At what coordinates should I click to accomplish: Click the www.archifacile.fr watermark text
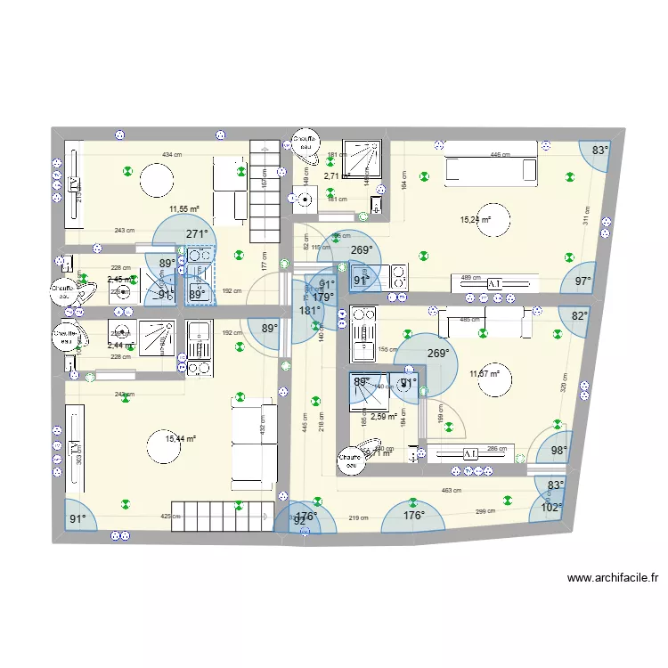613,578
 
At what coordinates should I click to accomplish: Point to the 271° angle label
197,234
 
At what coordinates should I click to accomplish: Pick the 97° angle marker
582,281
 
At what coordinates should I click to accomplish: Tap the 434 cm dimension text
168,155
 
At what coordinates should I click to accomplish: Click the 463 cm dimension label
452,491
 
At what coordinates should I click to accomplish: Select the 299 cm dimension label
485,511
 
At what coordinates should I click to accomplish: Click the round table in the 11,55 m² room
155,183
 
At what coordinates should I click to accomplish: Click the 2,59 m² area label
384,416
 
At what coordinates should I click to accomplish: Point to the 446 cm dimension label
501,155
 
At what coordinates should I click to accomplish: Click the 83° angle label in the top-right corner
599,151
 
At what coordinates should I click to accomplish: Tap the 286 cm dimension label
499,449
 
